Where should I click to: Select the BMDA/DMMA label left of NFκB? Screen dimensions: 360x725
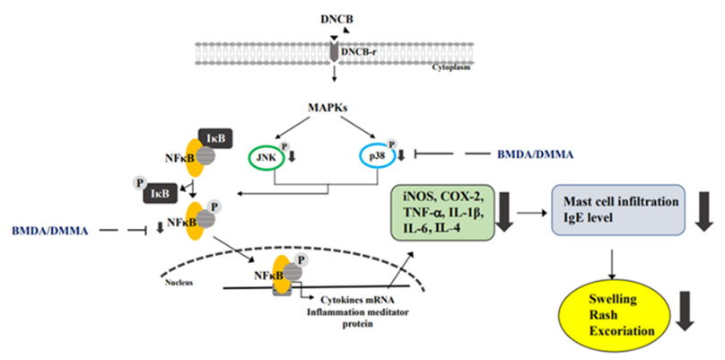(x=48, y=232)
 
